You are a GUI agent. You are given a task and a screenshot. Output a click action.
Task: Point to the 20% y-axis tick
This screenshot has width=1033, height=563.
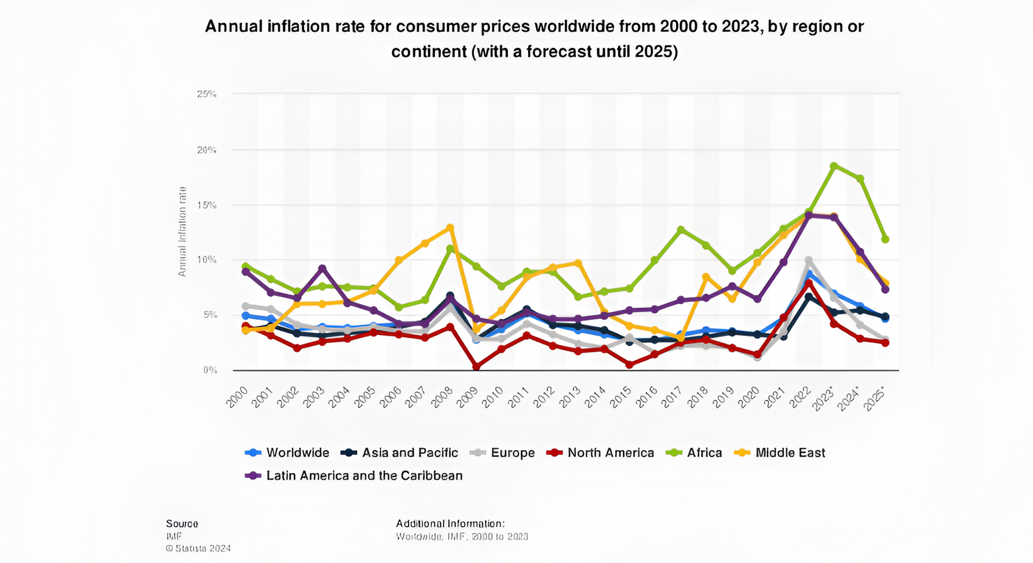coord(207,150)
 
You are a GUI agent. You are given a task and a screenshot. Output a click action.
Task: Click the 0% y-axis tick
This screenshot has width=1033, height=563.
coord(209,370)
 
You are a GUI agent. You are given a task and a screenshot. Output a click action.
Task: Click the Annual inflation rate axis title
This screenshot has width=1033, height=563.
coord(182,232)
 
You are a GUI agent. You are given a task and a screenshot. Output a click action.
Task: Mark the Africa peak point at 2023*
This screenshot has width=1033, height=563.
coord(834,166)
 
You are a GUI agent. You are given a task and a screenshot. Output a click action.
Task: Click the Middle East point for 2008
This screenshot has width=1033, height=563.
coord(450,227)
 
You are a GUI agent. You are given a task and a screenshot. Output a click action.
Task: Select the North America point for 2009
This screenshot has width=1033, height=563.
coord(476,367)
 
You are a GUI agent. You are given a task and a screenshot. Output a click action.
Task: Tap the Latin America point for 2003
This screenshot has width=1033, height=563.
coord(322,269)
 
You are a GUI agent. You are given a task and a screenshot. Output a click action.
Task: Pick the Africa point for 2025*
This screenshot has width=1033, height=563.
coord(885,239)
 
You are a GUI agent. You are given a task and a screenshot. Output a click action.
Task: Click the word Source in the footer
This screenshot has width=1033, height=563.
coord(182,524)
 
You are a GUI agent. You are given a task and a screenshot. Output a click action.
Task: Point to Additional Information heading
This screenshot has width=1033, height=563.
coord(450,524)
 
